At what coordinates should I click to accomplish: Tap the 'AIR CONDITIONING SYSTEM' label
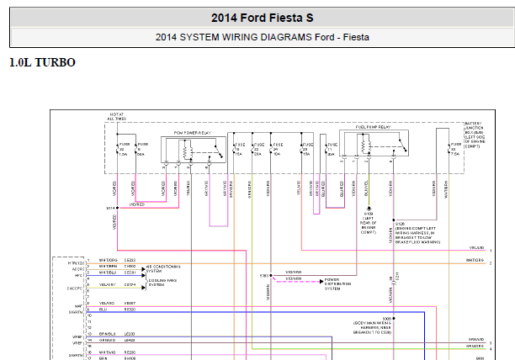tap(162, 267)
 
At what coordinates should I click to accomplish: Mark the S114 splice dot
tap(118, 207)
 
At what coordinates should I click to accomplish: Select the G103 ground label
tap(367, 225)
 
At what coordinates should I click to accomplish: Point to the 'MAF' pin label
tap(78, 304)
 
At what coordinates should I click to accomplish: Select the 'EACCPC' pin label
tap(75, 287)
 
